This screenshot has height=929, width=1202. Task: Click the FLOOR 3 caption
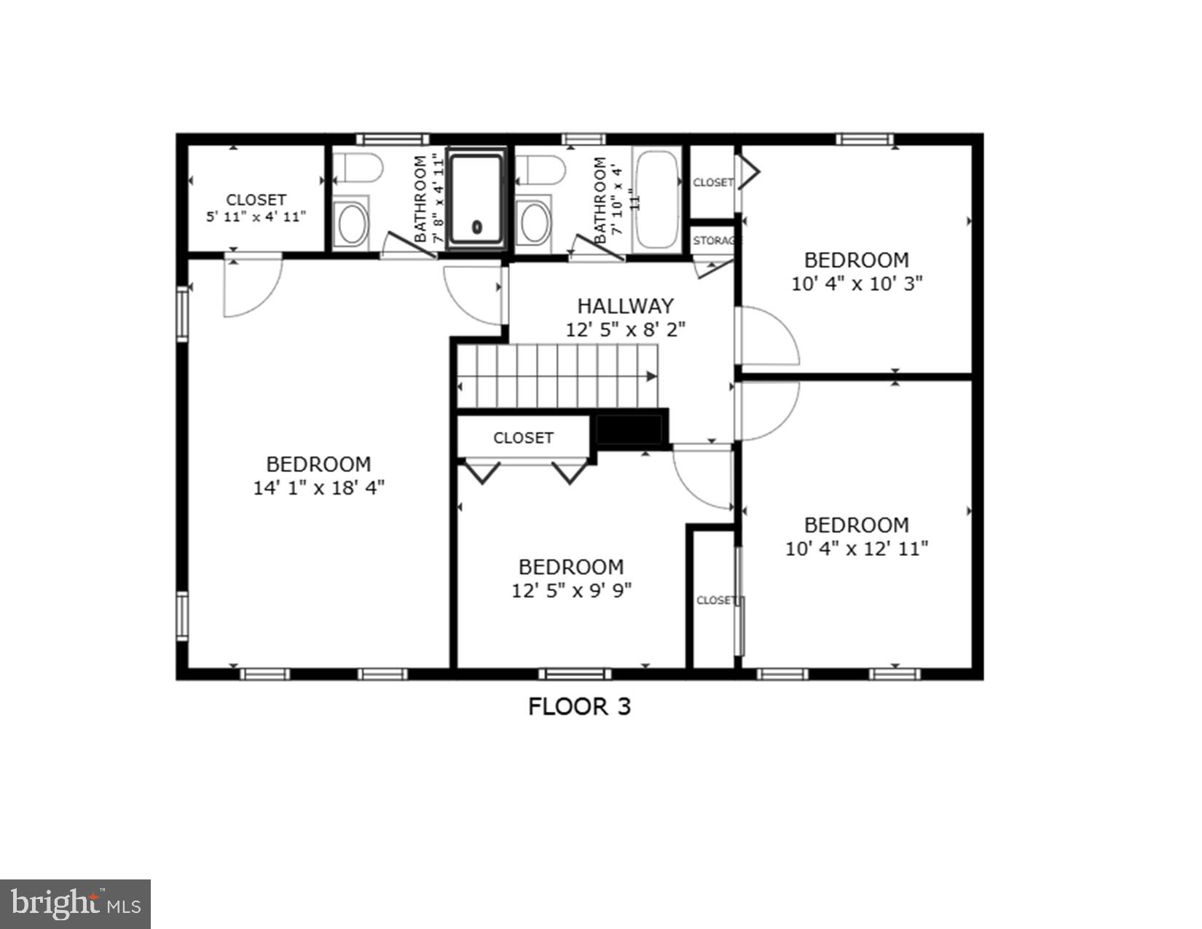tap(579, 706)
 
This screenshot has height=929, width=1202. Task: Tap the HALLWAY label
tap(625, 306)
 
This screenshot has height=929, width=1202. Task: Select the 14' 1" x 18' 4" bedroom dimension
tap(318, 487)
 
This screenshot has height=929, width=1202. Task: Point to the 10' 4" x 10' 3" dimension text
tap(857, 283)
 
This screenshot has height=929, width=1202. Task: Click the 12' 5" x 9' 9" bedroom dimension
tap(571, 590)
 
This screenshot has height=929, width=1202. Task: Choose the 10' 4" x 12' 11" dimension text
tap(857, 549)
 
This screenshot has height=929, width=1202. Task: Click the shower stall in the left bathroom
tap(476, 198)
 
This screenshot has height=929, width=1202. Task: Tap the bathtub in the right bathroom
tap(657, 199)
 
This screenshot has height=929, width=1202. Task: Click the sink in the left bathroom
tap(352, 223)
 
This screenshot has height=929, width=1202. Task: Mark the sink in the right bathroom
tap(535, 223)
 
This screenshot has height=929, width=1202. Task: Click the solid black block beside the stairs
tap(629, 429)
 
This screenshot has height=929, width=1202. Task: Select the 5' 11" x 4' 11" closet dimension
tap(256, 216)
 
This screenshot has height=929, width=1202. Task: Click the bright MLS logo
tap(75, 903)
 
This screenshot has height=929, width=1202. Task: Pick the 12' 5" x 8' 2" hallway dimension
tap(625, 330)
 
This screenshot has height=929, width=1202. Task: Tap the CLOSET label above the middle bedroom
tap(523, 438)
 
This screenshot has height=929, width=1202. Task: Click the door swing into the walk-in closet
tap(251, 289)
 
